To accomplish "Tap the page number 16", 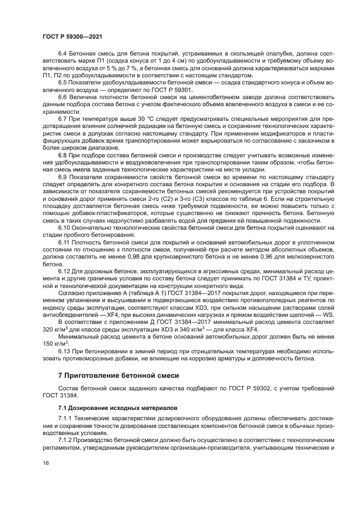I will point(46,463).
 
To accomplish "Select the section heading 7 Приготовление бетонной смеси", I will point(118,376).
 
